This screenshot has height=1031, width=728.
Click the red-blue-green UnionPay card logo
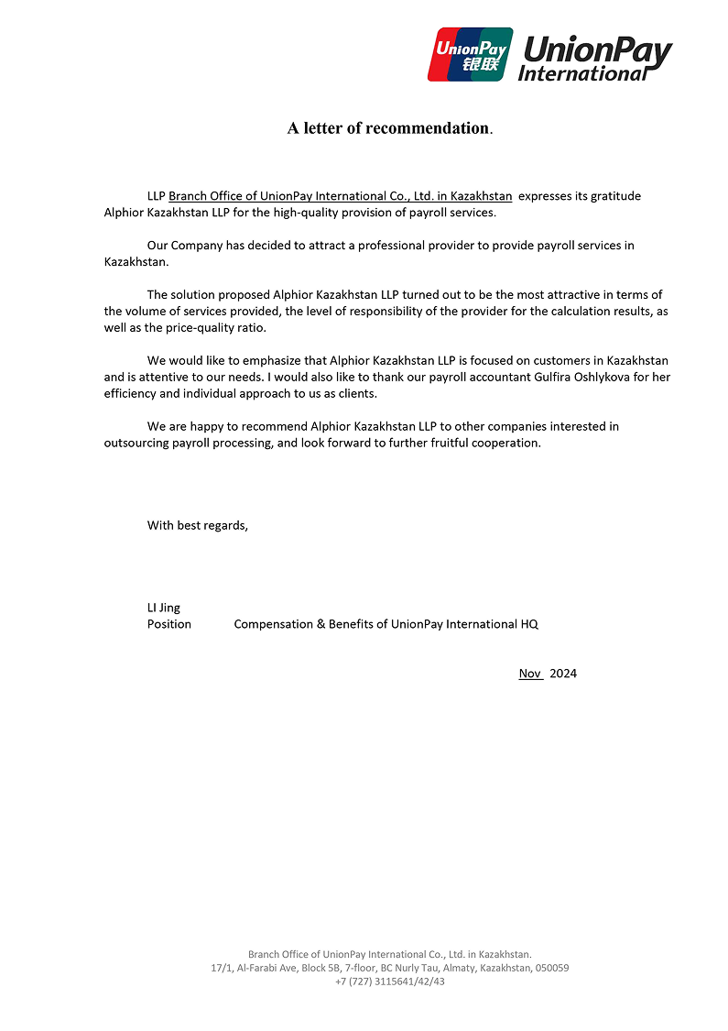pyautogui.click(x=470, y=54)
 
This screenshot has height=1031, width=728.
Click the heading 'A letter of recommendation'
pyautogui.click(x=388, y=128)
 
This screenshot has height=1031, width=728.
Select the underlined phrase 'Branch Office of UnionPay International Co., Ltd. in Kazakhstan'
pyautogui.click(x=340, y=196)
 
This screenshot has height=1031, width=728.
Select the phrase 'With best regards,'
pyautogui.click(x=198, y=525)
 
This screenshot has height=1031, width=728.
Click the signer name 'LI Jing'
pyautogui.click(x=164, y=608)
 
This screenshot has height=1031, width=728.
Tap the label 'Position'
pyautogui.click(x=169, y=624)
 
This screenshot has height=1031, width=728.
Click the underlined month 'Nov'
pyautogui.click(x=530, y=674)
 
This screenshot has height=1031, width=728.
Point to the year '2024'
pyautogui.click(x=563, y=674)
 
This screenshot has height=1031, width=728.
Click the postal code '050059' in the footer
pyautogui.click(x=551, y=968)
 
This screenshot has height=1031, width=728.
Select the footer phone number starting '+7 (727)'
pyautogui.click(x=390, y=982)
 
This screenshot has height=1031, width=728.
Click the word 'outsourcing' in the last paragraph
pyautogui.click(x=136, y=443)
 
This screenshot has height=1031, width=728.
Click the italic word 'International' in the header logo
pyautogui.click(x=581, y=73)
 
